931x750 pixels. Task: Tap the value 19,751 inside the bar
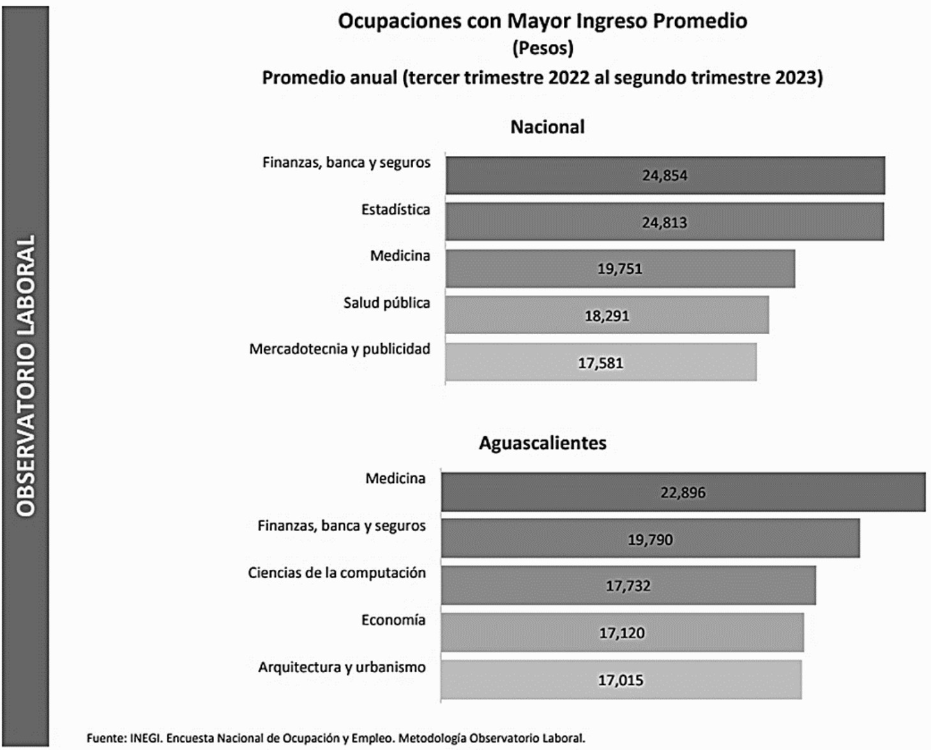pyautogui.click(x=619, y=269)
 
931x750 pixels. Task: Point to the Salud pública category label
pyautogui.click(x=386, y=303)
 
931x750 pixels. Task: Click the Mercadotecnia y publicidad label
pyautogui.click(x=340, y=349)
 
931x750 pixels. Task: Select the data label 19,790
pyautogui.click(x=650, y=540)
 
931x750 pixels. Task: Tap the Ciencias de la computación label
pyautogui.click(x=337, y=573)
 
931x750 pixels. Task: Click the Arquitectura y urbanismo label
pyautogui.click(x=342, y=668)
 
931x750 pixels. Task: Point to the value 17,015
pyautogui.click(x=620, y=680)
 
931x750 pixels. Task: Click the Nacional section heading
pyautogui.click(x=547, y=127)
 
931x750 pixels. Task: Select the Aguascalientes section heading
pyautogui.click(x=543, y=443)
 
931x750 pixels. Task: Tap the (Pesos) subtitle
pyautogui.click(x=543, y=49)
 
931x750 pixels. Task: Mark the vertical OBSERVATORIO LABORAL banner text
pyautogui.click(x=26, y=376)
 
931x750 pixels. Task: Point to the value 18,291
pyautogui.click(x=607, y=316)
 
